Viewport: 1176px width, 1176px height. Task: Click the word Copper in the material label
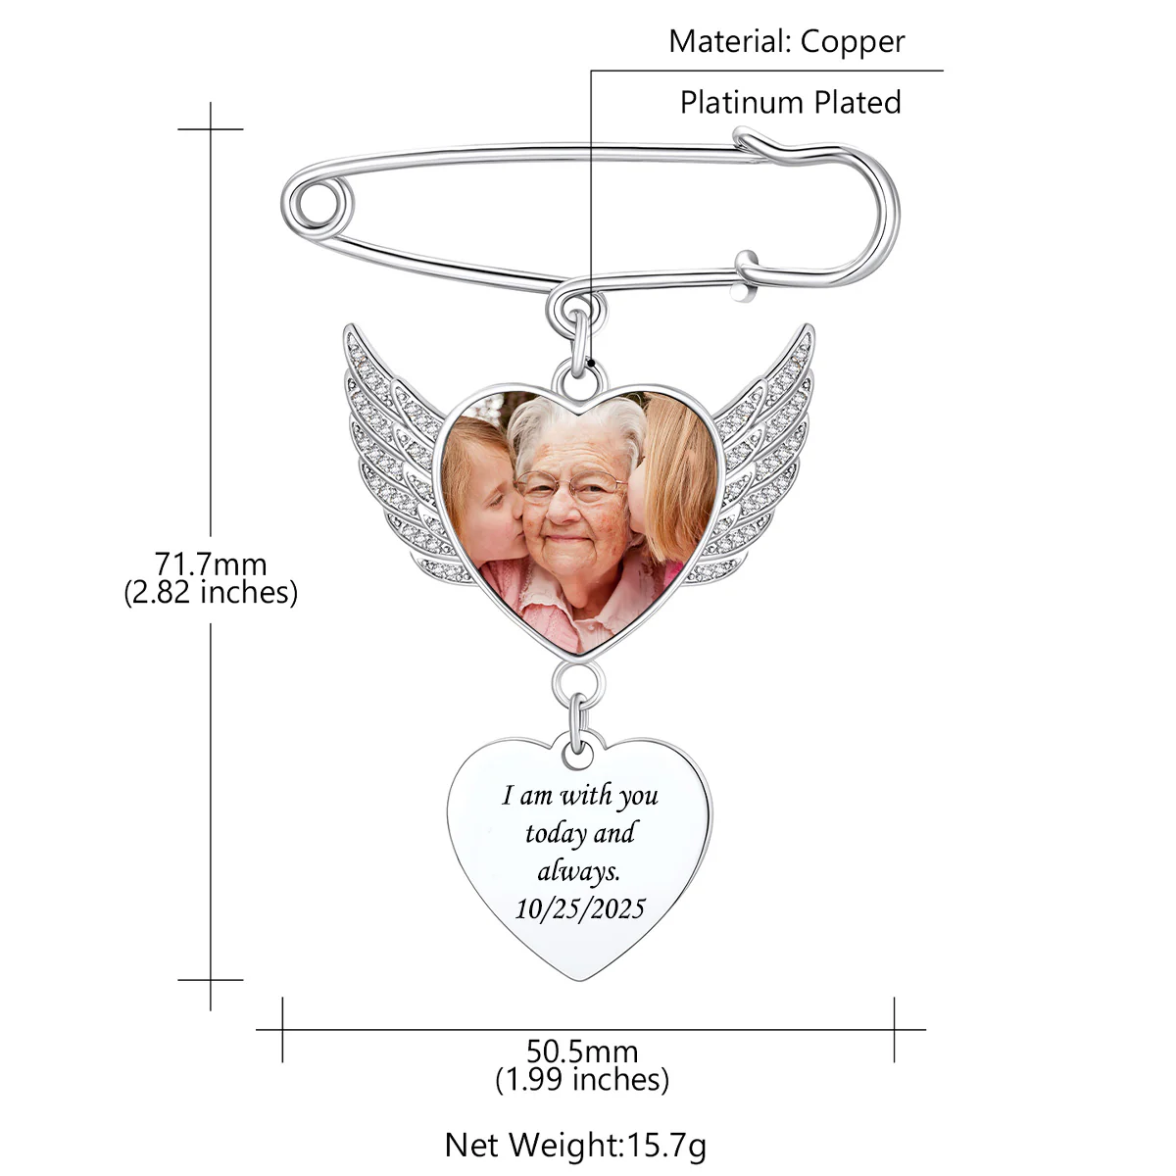pyautogui.click(x=852, y=43)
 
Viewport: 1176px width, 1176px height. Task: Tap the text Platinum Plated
pyautogui.click(x=790, y=102)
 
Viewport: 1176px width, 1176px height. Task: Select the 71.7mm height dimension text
pyautogui.click(x=211, y=563)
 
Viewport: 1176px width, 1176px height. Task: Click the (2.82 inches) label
pyautogui.click(x=211, y=593)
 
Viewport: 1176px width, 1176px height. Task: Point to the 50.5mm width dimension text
pyautogui.click(x=581, y=1052)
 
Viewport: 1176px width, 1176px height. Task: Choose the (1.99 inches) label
pyautogui.click(x=581, y=1080)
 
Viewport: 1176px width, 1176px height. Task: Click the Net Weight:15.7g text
pyautogui.click(x=575, y=1146)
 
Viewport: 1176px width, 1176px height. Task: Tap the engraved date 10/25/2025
pyautogui.click(x=580, y=909)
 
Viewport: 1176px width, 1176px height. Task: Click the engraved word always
pyautogui.click(x=578, y=871)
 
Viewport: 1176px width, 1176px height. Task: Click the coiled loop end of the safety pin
pyautogui.click(x=317, y=203)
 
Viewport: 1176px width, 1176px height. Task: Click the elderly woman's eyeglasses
pyautogui.click(x=570, y=486)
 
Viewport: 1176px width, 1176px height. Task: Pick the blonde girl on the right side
pyautogui.click(x=674, y=482)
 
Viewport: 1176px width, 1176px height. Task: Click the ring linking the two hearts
pyautogui.click(x=578, y=682)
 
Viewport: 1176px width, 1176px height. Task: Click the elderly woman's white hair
pyautogui.click(x=576, y=421)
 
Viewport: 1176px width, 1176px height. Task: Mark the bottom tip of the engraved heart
pyautogui.click(x=579, y=981)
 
